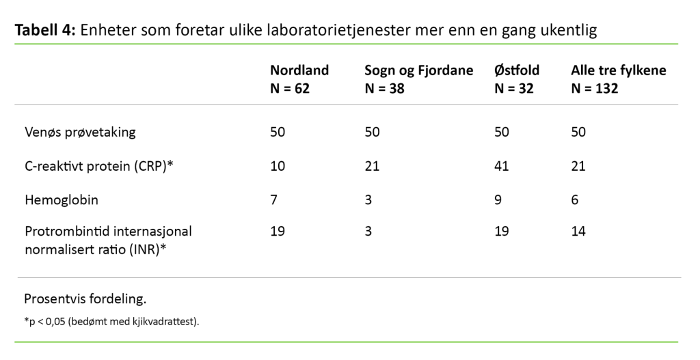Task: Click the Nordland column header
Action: click(299, 79)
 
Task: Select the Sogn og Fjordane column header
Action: click(418, 79)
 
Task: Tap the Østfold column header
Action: click(516, 79)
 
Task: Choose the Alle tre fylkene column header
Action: click(618, 79)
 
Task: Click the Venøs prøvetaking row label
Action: click(80, 132)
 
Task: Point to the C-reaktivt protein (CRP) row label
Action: click(98, 166)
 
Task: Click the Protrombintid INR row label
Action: click(108, 240)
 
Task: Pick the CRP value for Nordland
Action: click(278, 166)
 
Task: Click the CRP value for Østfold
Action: click(501, 166)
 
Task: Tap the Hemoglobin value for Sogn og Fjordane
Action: click(368, 200)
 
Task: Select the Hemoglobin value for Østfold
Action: click(498, 200)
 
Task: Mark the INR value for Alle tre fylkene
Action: click(578, 232)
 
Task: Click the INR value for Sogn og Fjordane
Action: click(368, 232)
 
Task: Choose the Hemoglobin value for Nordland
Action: click(273, 200)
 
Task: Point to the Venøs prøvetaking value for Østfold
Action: click(501, 132)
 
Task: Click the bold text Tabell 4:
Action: click(45, 30)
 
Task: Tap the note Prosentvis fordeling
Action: click(85, 299)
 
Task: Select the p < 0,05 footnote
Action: click(111, 320)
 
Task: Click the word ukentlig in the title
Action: click(567, 30)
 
